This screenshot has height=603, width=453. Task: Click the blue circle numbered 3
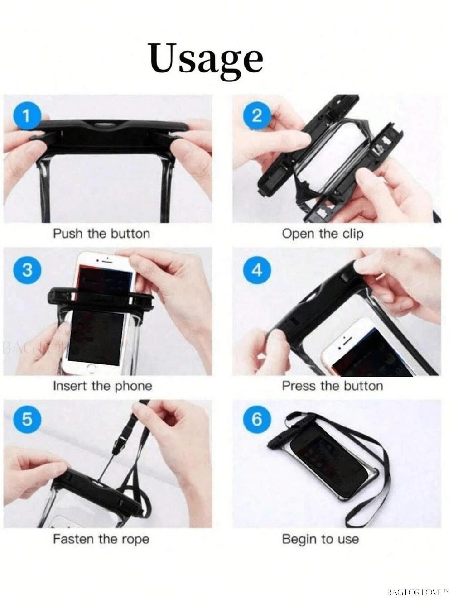pyautogui.click(x=27, y=270)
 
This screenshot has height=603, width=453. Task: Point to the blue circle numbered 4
pyautogui.click(x=257, y=270)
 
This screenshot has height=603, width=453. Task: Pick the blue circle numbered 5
pyautogui.click(x=27, y=420)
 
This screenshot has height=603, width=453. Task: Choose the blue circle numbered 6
pyautogui.click(x=257, y=420)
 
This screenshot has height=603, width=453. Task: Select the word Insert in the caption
pyautogui.click(x=70, y=386)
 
